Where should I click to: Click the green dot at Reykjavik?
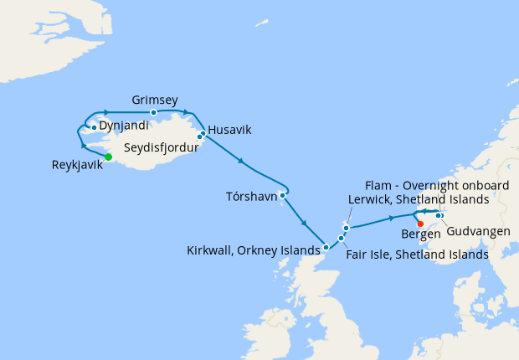(x=108, y=157)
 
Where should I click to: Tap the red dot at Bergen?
(x=420, y=224)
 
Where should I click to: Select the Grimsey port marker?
(x=153, y=112)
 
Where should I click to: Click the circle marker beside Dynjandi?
(x=94, y=127)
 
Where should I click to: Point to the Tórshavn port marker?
(x=283, y=196)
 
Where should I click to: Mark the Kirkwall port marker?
(x=326, y=247)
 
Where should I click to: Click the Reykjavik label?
(x=77, y=164)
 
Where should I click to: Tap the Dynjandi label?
(x=124, y=126)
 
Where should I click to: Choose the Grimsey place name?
(x=155, y=100)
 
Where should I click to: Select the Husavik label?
(x=229, y=129)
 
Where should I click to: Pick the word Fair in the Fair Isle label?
(x=358, y=254)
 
